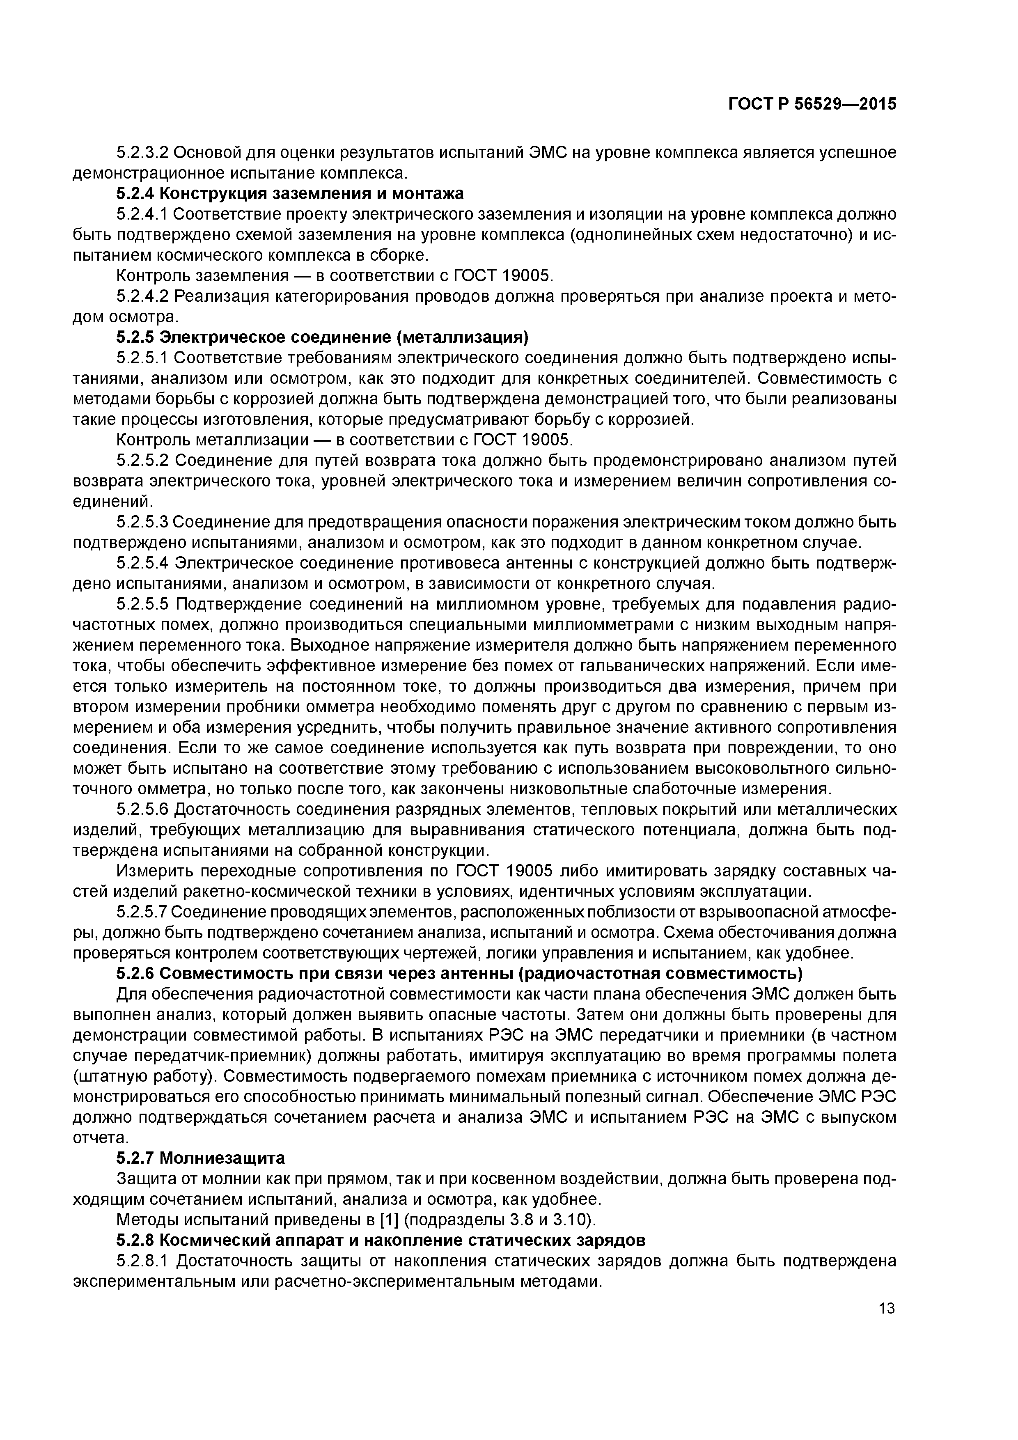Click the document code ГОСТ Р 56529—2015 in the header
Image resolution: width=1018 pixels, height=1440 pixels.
pos(812,104)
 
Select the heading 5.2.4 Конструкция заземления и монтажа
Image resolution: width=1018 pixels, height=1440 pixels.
pos(290,193)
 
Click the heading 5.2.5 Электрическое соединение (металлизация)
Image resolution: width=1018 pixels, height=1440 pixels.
pos(322,337)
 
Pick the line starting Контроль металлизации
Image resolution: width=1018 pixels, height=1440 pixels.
pos(345,440)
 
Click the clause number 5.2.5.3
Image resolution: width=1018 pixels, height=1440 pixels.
pos(142,522)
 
